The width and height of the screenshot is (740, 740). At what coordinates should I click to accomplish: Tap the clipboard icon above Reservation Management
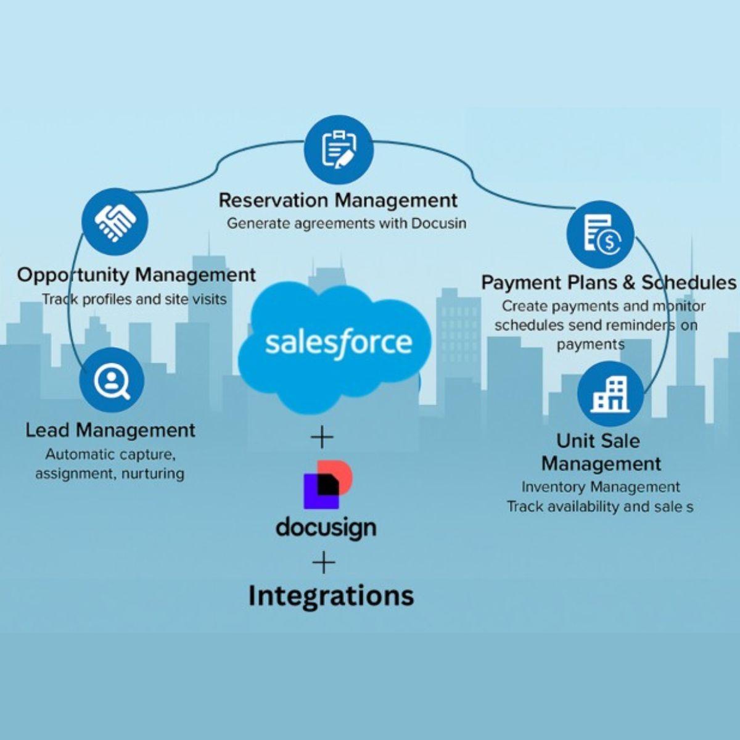click(x=339, y=149)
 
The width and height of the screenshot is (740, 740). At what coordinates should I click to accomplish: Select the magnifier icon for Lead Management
click(x=112, y=380)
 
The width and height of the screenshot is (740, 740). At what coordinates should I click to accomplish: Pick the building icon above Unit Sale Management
click(x=609, y=395)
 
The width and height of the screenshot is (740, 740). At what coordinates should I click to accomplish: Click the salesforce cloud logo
click(x=338, y=345)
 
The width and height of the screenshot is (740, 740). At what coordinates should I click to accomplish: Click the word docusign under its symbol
click(x=326, y=527)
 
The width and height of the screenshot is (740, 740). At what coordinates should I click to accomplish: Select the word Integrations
click(x=331, y=596)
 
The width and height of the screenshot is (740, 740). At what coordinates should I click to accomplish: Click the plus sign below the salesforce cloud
click(x=322, y=438)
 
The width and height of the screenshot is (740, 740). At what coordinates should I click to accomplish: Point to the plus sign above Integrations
click(x=324, y=563)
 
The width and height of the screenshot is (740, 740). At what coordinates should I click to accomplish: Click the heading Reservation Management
click(x=338, y=200)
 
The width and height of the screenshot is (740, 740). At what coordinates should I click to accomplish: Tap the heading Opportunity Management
click(x=136, y=274)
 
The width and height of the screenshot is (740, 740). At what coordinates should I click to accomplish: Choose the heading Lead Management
click(x=110, y=430)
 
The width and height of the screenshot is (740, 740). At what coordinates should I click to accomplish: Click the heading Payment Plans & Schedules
click(x=608, y=282)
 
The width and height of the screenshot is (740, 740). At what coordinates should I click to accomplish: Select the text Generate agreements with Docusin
click(x=346, y=223)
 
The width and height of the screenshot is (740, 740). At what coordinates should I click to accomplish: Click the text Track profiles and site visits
click(x=134, y=300)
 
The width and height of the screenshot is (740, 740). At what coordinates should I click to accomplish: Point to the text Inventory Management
click(x=600, y=487)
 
